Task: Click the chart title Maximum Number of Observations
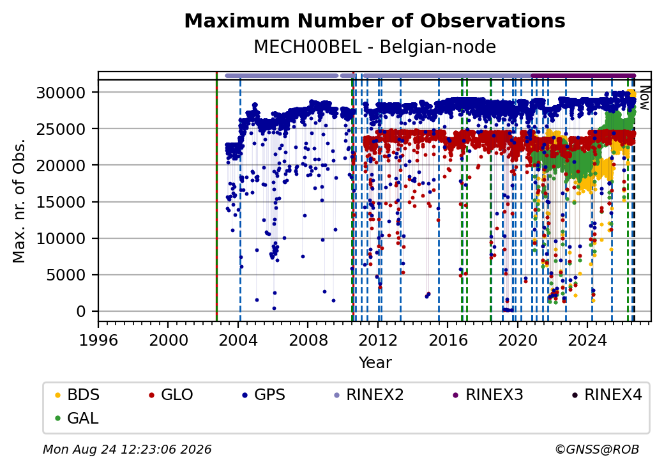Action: pos(375,20)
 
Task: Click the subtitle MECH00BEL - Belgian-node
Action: pos(375,47)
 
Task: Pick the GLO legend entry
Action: pos(171,395)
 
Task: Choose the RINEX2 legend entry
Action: pos(369,395)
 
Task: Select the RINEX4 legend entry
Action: pos(607,395)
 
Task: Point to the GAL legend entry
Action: pos(77,418)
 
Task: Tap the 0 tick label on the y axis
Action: pos(81,312)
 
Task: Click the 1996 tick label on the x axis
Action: pos(99,340)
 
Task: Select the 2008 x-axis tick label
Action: pos(308,340)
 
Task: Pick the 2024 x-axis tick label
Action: pos(587,340)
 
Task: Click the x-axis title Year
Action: pos(375,363)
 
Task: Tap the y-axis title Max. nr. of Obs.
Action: pos(19,201)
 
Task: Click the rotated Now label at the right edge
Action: pos(644,98)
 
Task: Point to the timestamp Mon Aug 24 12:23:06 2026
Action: pos(127,449)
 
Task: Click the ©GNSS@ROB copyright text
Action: pos(597,449)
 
